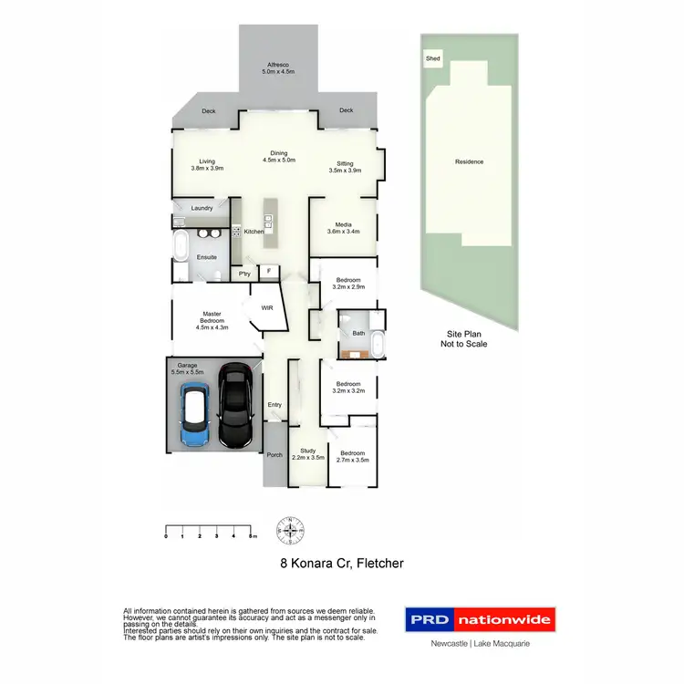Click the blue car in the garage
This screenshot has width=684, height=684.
(x=194, y=417)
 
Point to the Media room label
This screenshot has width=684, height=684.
(x=344, y=227)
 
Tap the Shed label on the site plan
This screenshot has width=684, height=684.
(x=433, y=58)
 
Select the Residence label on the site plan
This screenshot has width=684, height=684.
(x=469, y=162)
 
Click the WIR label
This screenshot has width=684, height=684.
(x=267, y=308)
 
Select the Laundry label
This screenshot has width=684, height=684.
(x=202, y=208)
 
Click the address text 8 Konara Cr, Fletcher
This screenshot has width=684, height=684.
(x=341, y=564)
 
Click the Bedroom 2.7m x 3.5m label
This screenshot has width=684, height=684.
(x=352, y=457)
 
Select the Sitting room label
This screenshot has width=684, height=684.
(x=344, y=167)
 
